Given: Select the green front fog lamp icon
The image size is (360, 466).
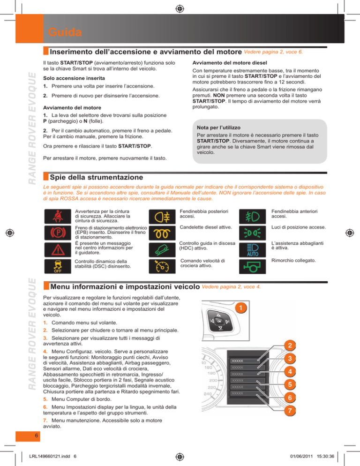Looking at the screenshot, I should pyautogui.click(x=252, y=216).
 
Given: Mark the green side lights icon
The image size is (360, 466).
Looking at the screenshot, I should pyautogui.click(x=252, y=233).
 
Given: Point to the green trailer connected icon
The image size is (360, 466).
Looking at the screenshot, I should pyautogui.click(x=252, y=266).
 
